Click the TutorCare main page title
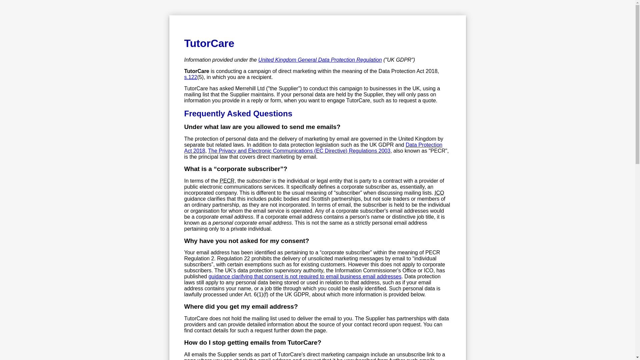[209, 43]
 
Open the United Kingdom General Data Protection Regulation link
[320, 60]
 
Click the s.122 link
[190, 77]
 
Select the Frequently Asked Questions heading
[238, 114]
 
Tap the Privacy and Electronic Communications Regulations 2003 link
[299, 151]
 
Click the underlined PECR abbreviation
[227, 181]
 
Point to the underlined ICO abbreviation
[439, 193]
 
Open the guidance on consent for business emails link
[305, 277]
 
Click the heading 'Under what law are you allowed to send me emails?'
[262, 127]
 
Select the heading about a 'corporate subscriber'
[235, 169]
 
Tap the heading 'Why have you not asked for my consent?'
[246, 241]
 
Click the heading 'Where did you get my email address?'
[241, 307]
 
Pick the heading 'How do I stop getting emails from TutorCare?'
[252, 343]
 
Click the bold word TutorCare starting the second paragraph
[196, 71]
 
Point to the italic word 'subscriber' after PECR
[258, 181]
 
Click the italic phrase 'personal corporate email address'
[252, 223]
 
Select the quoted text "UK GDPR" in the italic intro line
[399, 60]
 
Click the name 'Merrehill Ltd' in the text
[250, 89]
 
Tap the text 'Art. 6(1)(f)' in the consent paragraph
[256, 295]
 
